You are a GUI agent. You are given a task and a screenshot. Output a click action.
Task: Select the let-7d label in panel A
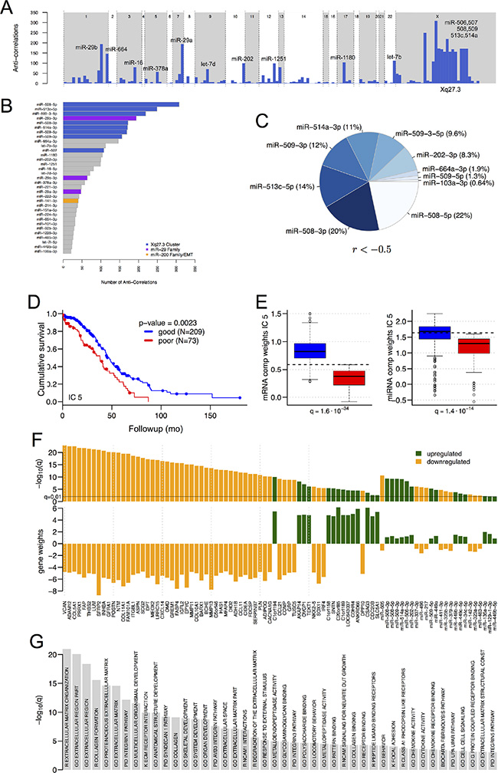click(209, 64)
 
